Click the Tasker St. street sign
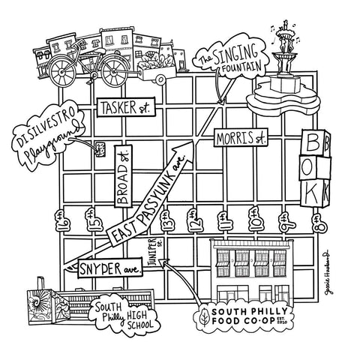[x=124, y=108]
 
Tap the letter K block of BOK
[x=316, y=194]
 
